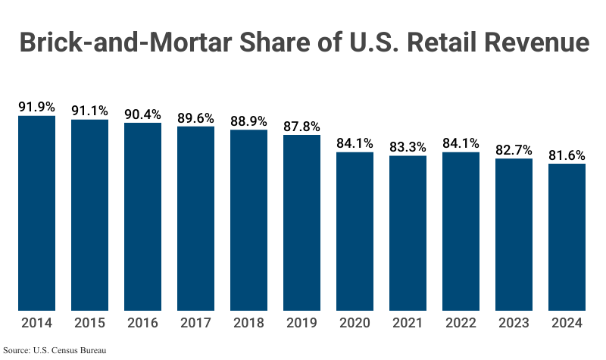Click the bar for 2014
point(37,213)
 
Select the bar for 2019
point(302,223)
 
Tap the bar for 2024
point(567,236)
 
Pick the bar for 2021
point(408,233)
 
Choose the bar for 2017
point(196,218)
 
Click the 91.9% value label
point(37,107)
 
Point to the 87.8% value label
point(302,127)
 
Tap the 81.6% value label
point(567,155)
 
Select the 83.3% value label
point(408,147)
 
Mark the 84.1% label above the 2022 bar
point(461,143)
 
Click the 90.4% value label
point(143,114)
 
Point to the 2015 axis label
point(90,323)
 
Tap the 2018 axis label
point(249,323)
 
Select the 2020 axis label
point(355,323)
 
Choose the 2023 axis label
point(514,323)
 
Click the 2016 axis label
point(143,323)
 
